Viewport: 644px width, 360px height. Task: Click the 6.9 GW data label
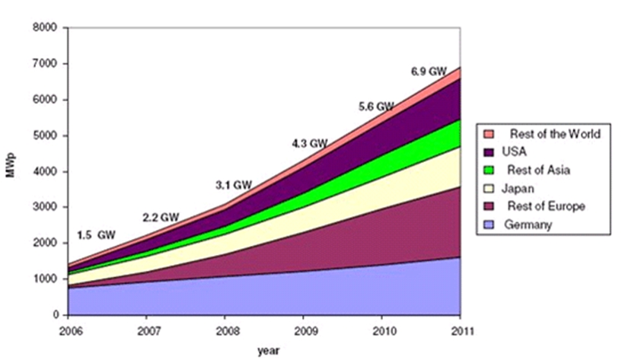(429, 72)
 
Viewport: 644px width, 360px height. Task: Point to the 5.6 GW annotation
(376, 107)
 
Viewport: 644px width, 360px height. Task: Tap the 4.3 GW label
(309, 143)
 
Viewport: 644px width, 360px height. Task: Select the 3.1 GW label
(233, 184)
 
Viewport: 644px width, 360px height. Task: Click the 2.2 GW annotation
(161, 218)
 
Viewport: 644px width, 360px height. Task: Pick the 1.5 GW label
(97, 235)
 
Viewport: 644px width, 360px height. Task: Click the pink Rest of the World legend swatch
(489, 134)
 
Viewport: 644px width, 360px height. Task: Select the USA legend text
(517, 152)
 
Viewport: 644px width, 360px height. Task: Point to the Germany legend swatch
(489, 225)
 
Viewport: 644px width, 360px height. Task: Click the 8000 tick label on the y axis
(48, 28)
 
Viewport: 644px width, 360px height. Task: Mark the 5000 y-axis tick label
(48, 136)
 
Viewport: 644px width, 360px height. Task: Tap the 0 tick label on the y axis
(56, 315)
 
